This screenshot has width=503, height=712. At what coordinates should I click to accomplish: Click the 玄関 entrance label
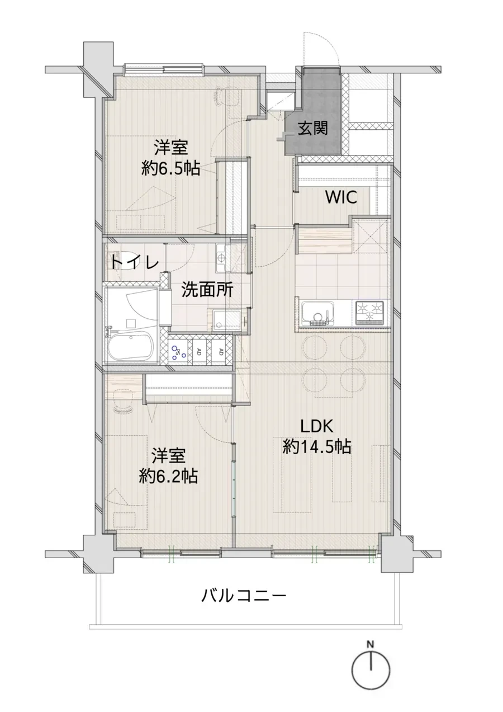point(312,129)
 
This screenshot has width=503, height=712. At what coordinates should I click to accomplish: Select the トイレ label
point(133,262)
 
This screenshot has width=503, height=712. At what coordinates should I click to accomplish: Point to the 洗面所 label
point(206,290)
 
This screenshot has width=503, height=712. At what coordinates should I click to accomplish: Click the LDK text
point(316,427)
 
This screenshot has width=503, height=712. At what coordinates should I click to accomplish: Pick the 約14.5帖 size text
point(316,447)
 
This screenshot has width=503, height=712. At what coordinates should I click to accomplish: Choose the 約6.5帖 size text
point(170,168)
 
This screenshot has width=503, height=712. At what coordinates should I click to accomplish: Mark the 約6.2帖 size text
point(168,476)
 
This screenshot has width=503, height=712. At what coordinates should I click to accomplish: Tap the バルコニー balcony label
point(244,595)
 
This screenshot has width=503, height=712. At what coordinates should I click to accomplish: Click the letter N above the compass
point(369,644)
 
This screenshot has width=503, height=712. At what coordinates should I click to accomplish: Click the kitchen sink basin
point(316,312)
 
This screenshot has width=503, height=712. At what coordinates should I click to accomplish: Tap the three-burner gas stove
point(369,313)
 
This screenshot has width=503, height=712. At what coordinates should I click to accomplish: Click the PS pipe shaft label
point(177,352)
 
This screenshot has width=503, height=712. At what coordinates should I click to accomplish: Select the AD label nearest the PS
point(198,352)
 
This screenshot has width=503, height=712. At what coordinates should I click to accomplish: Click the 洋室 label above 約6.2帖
point(168,456)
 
